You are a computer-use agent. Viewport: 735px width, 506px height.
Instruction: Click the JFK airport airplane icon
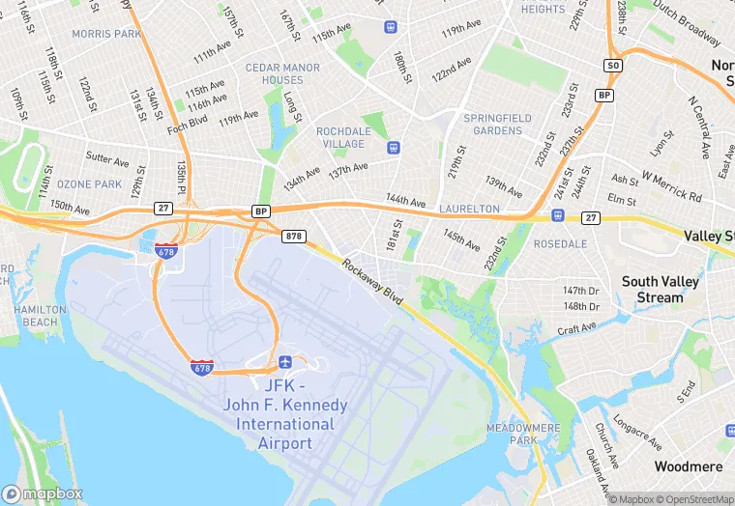pyautogui.click(x=284, y=361)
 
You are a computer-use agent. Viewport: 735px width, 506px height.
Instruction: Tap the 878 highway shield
pyautogui.click(x=294, y=236)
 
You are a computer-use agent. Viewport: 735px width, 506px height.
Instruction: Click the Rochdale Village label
pyautogui.click(x=343, y=137)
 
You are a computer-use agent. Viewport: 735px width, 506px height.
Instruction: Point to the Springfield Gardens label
pyautogui.click(x=498, y=124)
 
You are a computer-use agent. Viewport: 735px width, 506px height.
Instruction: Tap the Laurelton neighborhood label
pyautogui.click(x=469, y=209)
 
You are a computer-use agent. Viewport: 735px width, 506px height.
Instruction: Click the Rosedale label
pyautogui.click(x=560, y=243)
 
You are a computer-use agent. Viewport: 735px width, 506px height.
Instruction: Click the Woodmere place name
pyautogui.click(x=688, y=466)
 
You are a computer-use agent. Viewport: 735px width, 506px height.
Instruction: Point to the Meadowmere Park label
pyautogui.click(x=510, y=434)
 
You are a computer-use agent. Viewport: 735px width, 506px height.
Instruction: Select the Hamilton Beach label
pyautogui.click(x=40, y=316)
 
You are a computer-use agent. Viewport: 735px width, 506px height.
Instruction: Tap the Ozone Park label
pyautogui.click(x=89, y=183)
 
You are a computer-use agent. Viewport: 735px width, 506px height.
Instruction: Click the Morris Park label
pyautogui.click(x=106, y=34)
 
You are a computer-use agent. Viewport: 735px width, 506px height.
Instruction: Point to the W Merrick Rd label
pyautogui.click(x=670, y=187)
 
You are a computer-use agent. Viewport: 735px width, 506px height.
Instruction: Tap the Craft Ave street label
pyautogui.click(x=577, y=329)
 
